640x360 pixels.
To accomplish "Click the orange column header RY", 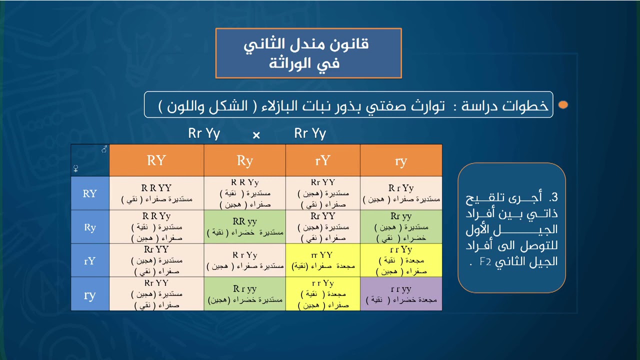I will [x=156, y=160].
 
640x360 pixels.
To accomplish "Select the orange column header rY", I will [x=322, y=160].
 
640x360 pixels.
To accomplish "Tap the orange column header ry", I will [x=400, y=161].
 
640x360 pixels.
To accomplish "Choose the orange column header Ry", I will [x=244, y=160].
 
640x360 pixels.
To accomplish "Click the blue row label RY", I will [x=89, y=193].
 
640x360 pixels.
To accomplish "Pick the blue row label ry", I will [x=89, y=294].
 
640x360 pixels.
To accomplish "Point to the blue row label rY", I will [x=89, y=260].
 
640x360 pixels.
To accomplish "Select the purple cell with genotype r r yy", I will [x=401, y=294].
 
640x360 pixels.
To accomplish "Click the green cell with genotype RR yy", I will [x=244, y=227].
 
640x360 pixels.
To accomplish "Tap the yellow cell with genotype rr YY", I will [x=322, y=260].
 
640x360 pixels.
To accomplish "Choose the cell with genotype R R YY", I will [x=156, y=193].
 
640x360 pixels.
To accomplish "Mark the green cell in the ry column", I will [x=401, y=227].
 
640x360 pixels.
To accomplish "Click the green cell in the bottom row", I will [x=244, y=294].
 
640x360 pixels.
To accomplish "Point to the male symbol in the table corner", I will [x=104, y=149].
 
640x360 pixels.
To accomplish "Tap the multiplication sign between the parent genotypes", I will [x=256, y=135].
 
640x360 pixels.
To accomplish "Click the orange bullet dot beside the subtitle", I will [x=563, y=105].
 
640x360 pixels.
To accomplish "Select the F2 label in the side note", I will [x=485, y=261].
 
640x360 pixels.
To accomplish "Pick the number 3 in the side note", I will [x=553, y=197].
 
